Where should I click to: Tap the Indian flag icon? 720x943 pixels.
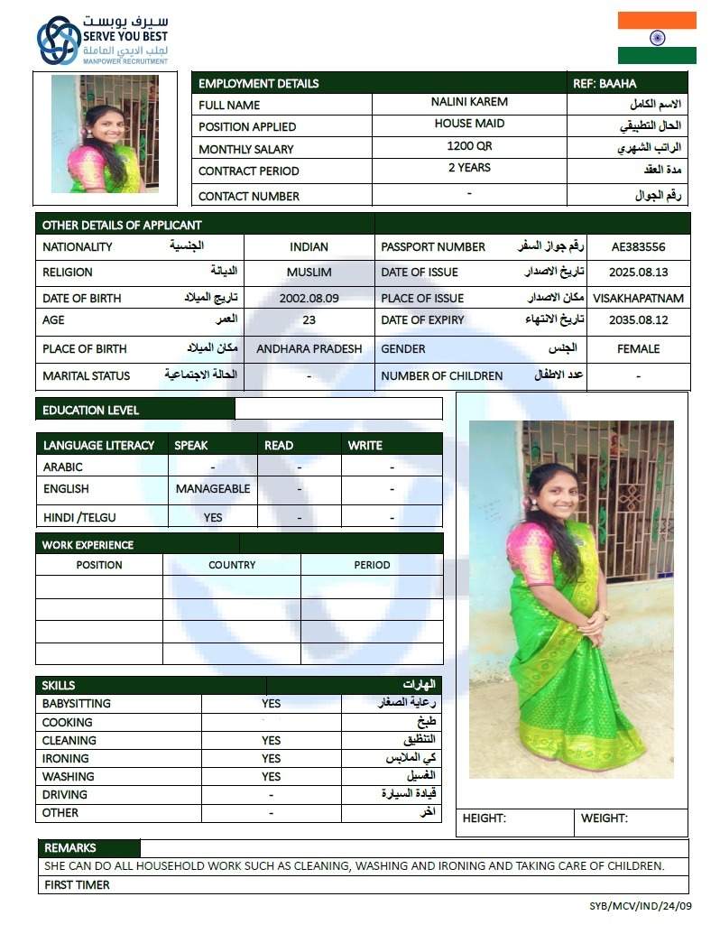pyautogui.click(x=656, y=38)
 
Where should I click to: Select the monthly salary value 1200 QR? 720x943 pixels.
pyautogui.click(x=468, y=145)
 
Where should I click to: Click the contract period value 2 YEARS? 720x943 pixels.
pyautogui.click(x=469, y=168)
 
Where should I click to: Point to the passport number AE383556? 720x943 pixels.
pyautogui.click(x=638, y=246)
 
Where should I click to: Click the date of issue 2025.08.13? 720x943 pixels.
pyautogui.click(x=638, y=272)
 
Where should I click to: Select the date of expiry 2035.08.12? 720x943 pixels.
pyautogui.click(x=638, y=319)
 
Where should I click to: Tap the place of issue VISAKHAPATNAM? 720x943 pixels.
pyautogui.click(x=638, y=298)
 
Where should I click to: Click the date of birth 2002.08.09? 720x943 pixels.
pyautogui.click(x=309, y=298)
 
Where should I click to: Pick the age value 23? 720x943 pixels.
pyautogui.click(x=309, y=319)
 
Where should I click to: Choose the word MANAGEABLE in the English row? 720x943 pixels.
pyautogui.click(x=213, y=489)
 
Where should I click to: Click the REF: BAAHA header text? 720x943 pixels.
pyautogui.click(x=605, y=84)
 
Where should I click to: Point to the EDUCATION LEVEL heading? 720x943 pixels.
pyautogui.click(x=91, y=411)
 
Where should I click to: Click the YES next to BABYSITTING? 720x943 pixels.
pyautogui.click(x=271, y=704)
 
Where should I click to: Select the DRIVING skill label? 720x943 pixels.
pyautogui.click(x=65, y=795)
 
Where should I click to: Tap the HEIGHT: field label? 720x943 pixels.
pyautogui.click(x=485, y=818)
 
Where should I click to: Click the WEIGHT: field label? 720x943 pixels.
pyautogui.click(x=604, y=818)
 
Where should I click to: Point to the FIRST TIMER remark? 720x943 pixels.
pyautogui.click(x=78, y=885)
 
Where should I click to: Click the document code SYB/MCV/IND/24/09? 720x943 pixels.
pyautogui.click(x=641, y=906)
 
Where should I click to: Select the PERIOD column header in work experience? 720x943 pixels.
pyautogui.click(x=372, y=565)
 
